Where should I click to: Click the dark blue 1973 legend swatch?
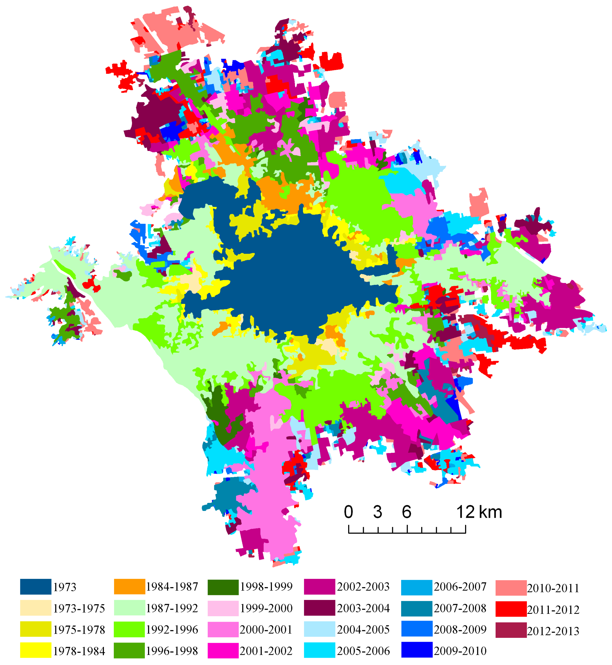(35, 587)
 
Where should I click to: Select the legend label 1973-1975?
(79, 608)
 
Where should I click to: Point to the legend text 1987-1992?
(172, 608)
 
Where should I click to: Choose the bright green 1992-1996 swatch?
(129, 629)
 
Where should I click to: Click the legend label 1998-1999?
(266, 587)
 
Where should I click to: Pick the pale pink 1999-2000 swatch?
(223, 608)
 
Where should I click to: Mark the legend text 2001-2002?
(266, 651)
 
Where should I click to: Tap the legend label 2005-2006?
(363, 651)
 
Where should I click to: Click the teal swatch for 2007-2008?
(417, 608)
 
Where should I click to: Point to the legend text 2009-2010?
(460, 651)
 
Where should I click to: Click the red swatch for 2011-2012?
(511, 609)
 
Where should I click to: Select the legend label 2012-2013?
(553, 631)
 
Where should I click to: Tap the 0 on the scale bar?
(348, 512)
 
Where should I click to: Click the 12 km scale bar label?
(479, 512)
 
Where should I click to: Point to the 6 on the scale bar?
(407, 512)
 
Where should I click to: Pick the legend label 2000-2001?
(266, 629)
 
